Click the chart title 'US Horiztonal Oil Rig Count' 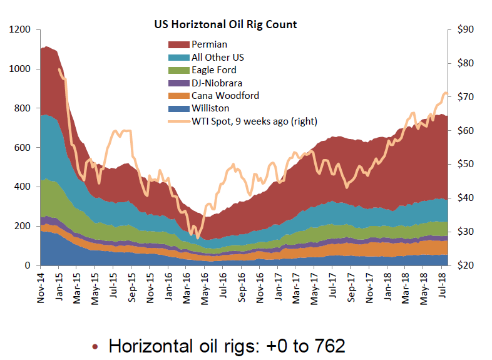225,25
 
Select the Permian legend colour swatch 178,44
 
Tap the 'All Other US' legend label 218,57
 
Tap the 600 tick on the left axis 23,148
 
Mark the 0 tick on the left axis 28,265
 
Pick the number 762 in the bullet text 327,345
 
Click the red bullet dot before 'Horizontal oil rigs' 96,346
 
